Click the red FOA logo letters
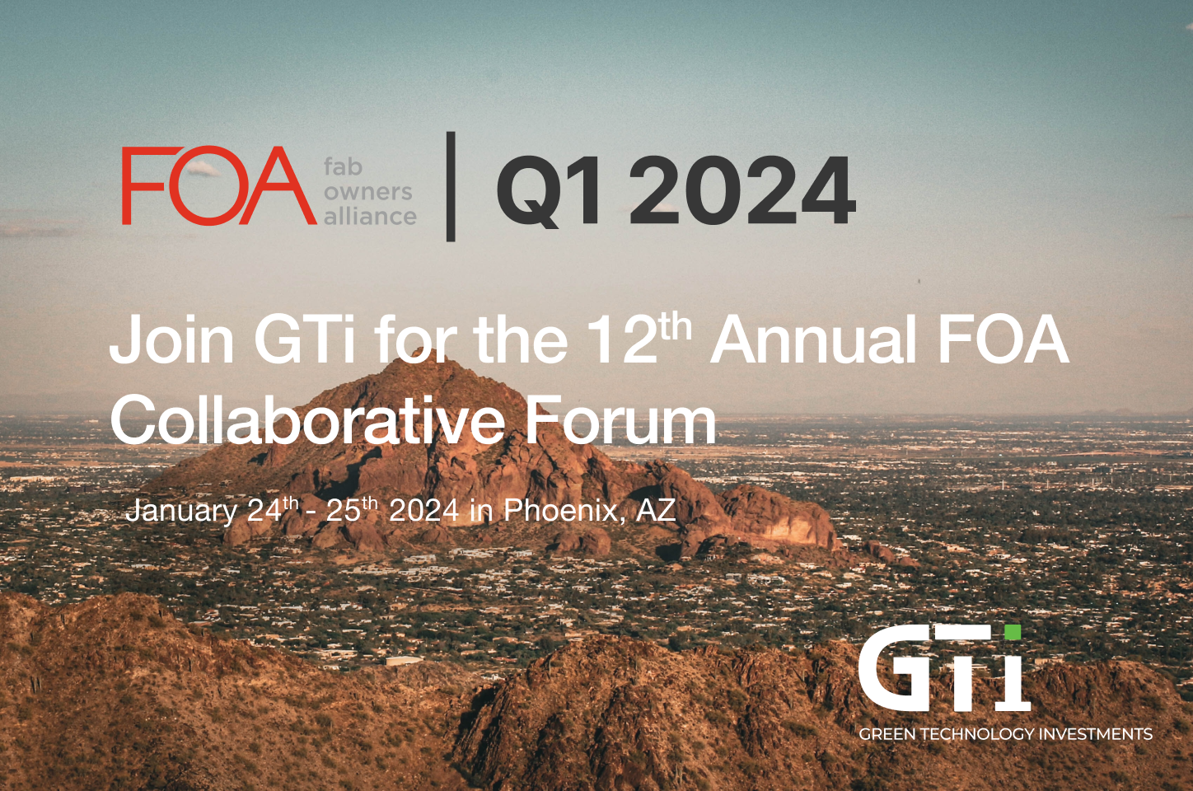click(219, 185)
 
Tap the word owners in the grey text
click(368, 192)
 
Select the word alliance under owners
click(370, 216)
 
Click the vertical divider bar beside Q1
click(451, 186)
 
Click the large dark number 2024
click(742, 190)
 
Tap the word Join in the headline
click(171, 339)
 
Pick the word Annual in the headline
click(812, 339)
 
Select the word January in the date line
click(181, 511)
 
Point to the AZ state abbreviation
click(656, 510)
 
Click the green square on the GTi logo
click(1013, 632)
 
